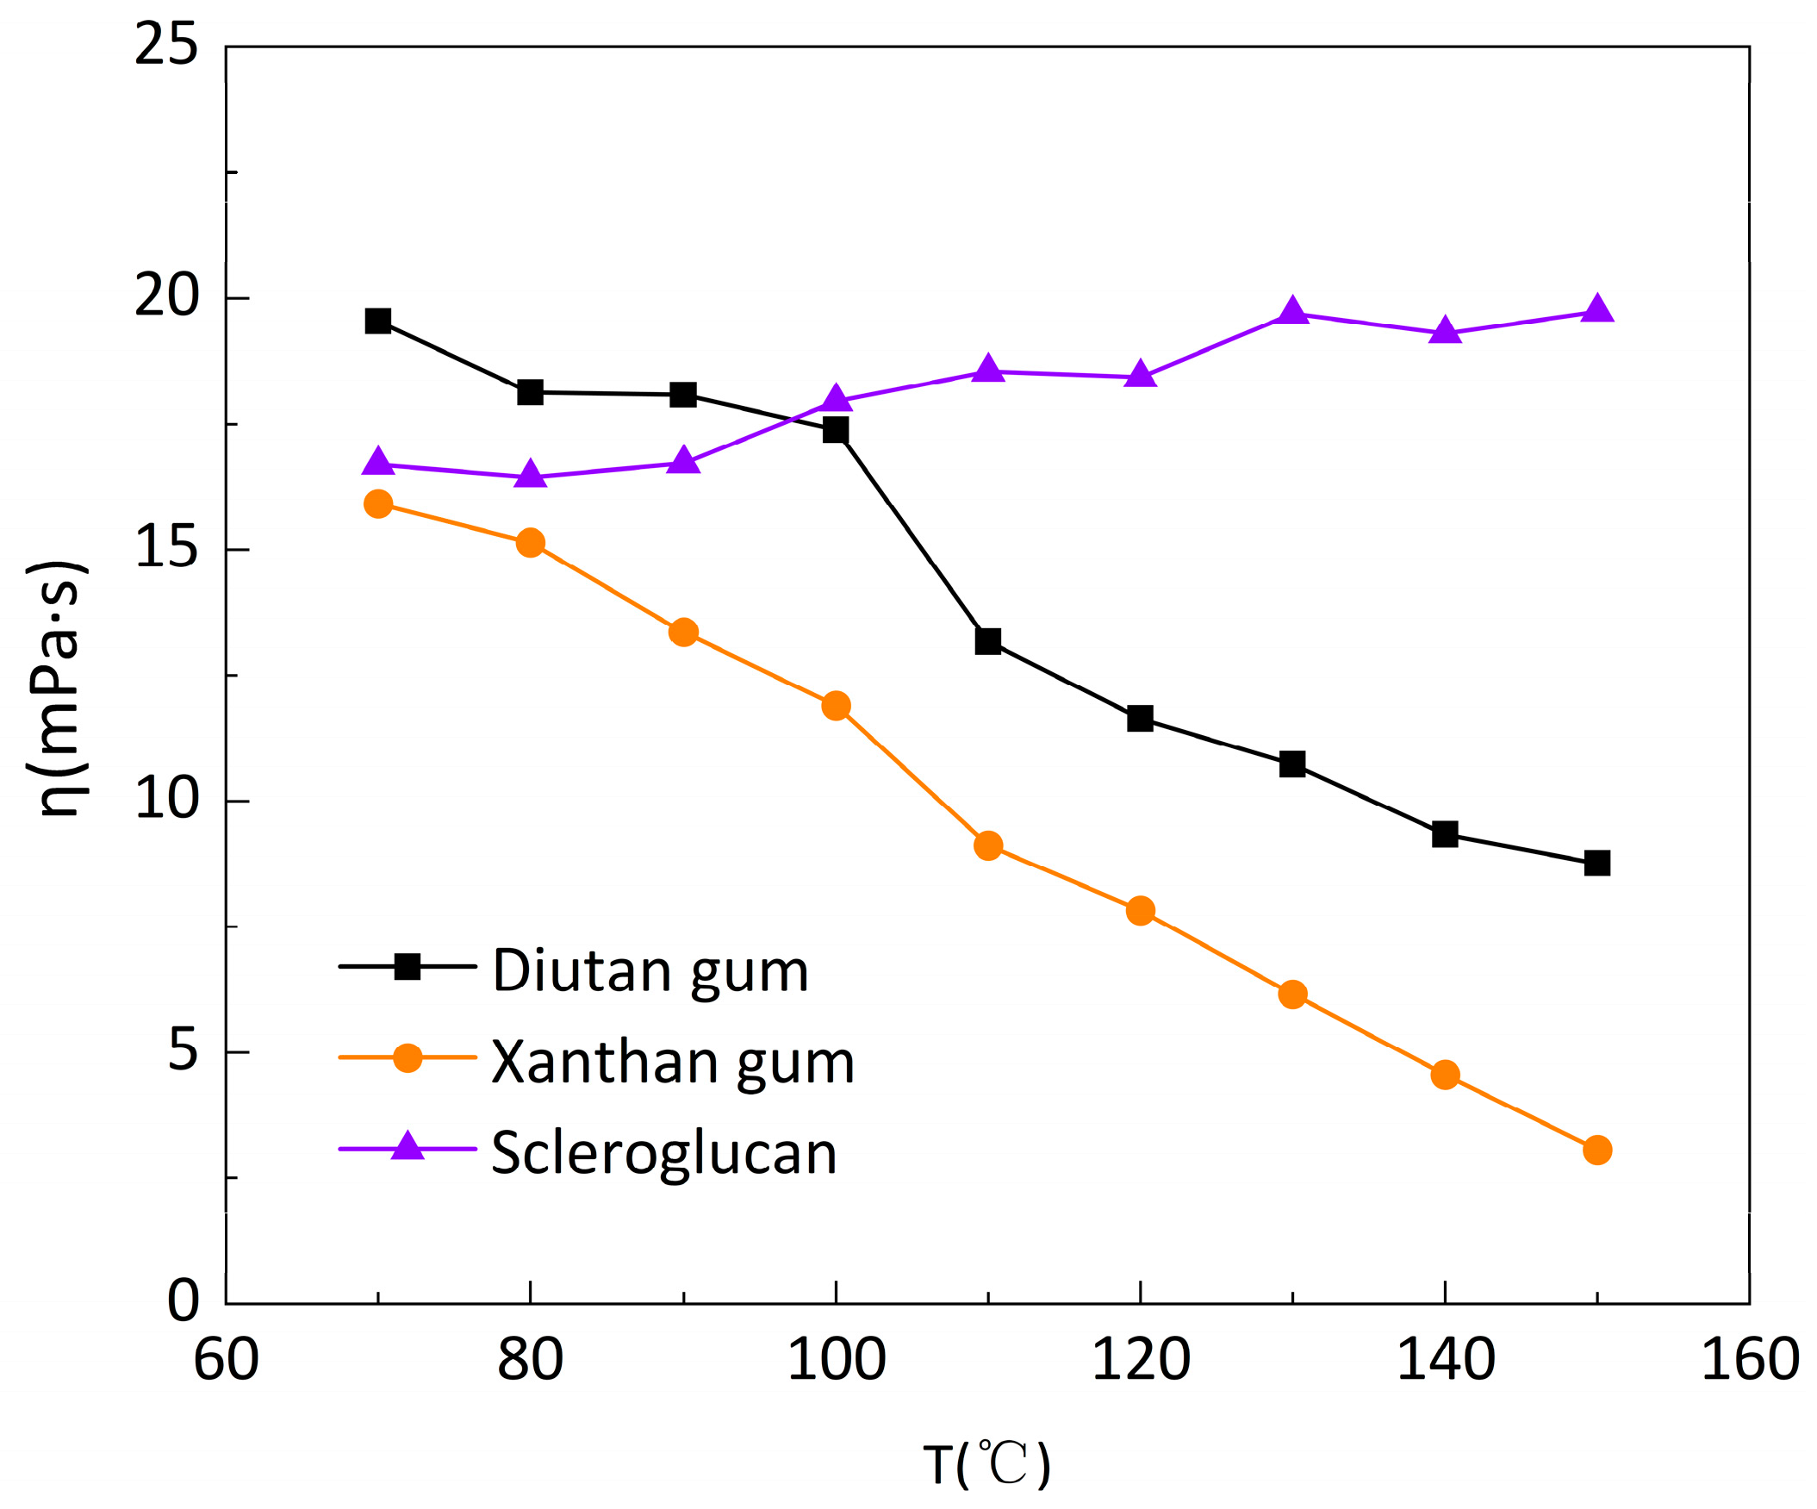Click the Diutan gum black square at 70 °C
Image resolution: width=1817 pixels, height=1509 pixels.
pyautogui.click(x=378, y=321)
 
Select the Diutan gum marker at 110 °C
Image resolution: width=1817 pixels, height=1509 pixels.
pyautogui.click(x=988, y=641)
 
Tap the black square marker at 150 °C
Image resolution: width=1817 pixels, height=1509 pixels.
pyautogui.click(x=1597, y=863)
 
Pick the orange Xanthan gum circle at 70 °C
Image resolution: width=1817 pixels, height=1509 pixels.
pyautogui.click(x=378, y=503)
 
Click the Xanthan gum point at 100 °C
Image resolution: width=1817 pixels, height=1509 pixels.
pyautogui.click(x=836, y=705)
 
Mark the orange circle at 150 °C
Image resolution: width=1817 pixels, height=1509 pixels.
pyautogui.click(x=1597, y=1150)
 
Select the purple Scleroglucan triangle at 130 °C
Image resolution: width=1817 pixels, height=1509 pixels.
pyautogui.click(x=1292, y=311)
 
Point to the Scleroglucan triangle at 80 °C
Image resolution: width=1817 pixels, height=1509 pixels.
pyautogui.click(x=531, y=475)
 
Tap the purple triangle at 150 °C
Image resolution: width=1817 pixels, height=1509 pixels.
pyautogui.click(x=1597, y=309)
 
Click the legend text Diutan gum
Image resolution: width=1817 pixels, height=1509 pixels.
pyautogui.click(x=650, y=971)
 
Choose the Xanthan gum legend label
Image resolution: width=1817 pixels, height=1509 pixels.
pyautogui.click(x=673, y=1063)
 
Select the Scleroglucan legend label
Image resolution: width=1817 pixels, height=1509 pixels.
pyautogui.click(x=663, y=1153)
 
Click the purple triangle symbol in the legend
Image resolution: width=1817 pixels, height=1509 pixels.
pyautogui.click(x=408, y=1146)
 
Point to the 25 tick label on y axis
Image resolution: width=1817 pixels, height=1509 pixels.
pyautogui.click(x=167, y=45)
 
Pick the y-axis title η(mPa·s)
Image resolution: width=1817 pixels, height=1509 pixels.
pyautogui.click(x=58, y=689)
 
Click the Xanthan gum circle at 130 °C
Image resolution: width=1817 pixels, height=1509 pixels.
pyautogui.click(x=1292, y=995)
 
